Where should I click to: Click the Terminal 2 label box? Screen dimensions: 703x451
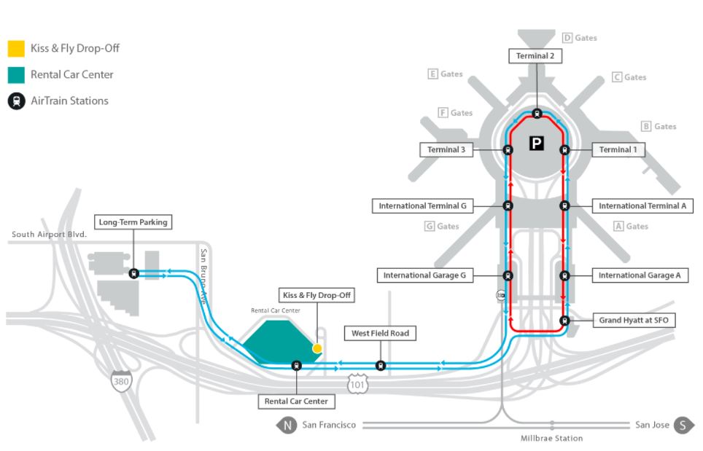point(535,56)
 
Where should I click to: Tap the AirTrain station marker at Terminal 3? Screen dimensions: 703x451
point(508,150)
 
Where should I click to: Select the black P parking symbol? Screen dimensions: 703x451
point(536,144)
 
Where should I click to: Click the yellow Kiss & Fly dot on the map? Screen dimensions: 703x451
point(317,348)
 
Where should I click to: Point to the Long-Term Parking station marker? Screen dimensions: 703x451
point(133,273)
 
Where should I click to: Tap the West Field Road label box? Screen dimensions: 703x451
point(380,333)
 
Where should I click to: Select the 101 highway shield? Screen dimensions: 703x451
point(357,384)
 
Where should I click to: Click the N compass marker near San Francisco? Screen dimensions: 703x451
point(287,425)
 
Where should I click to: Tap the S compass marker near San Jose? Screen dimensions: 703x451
point(683,425)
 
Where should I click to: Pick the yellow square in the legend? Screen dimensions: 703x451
point(16,49)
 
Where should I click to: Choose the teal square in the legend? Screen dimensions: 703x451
point(16,75)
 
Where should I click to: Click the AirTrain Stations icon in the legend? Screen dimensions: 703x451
point(17,101)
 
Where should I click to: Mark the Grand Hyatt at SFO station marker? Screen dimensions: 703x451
point(564,321)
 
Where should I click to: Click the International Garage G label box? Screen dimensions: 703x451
point(424,275)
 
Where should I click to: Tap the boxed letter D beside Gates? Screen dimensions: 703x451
point(567,38)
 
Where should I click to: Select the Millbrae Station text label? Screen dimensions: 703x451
point(551,439)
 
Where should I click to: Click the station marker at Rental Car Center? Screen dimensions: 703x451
point(296,366)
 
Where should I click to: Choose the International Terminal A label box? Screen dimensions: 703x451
point(642,206)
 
